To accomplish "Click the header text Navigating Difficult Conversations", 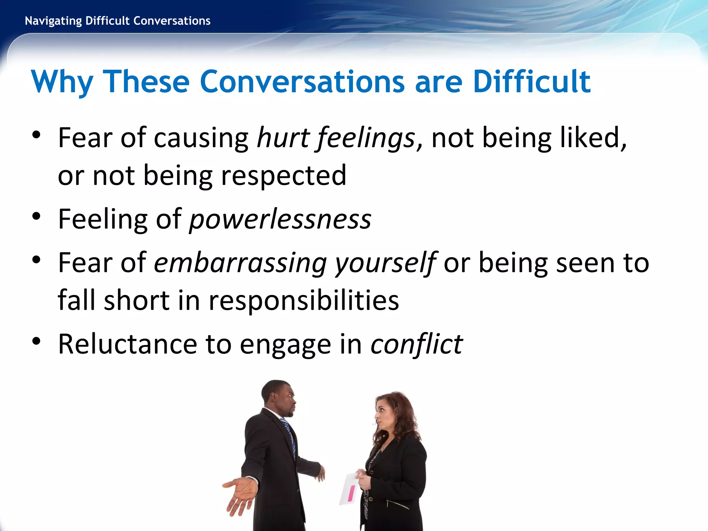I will coord(118,21).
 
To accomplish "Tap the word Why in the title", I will coord(62,82).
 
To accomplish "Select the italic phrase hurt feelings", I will coord(336,138).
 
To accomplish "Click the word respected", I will coord(283,176).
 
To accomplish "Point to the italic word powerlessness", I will coord(280,219).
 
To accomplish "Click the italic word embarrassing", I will coord(240,263).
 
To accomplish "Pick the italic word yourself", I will coord(386,263).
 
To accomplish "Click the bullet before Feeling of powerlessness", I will coord(36,216).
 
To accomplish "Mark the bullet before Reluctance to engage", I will coord(36,341).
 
